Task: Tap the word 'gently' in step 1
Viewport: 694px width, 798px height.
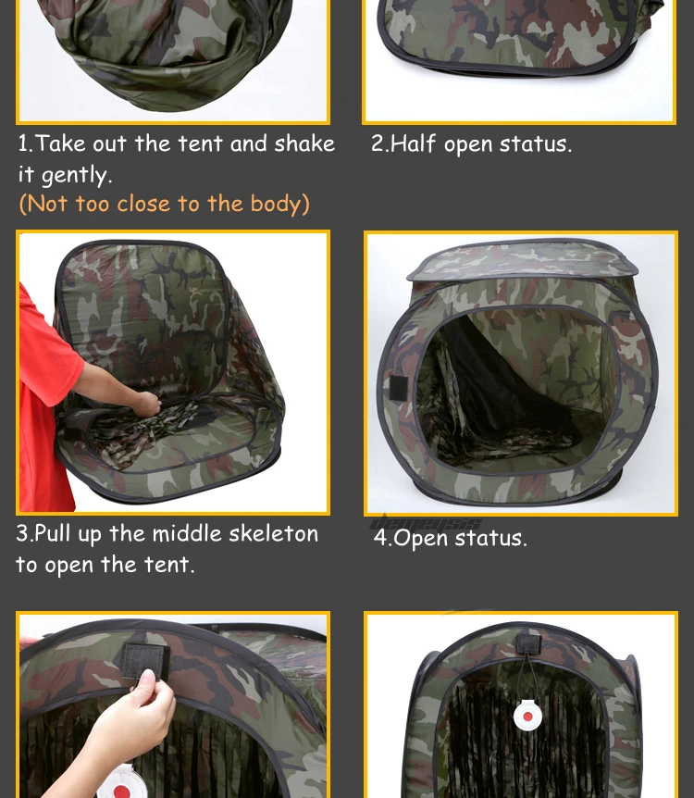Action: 75,176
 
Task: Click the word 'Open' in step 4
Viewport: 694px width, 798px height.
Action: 420,539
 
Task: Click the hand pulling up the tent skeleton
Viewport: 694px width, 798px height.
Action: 146,404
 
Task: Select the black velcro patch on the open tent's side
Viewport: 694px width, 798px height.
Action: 399,388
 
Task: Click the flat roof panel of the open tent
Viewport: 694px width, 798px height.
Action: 522,259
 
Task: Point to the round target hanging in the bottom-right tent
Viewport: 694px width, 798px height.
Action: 527,715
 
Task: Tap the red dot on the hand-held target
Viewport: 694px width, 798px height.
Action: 121,792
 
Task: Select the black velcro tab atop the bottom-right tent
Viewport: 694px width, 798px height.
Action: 528,643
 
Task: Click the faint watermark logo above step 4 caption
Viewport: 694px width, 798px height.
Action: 425,522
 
